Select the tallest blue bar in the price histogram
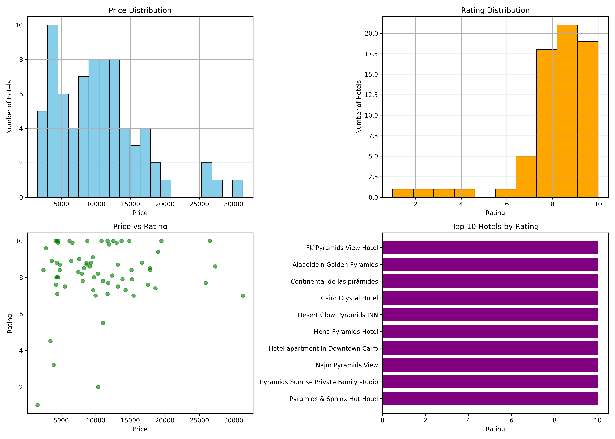53,111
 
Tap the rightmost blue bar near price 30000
238,188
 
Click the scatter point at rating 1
38,405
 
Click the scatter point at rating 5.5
103,323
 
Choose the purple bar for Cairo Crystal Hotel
490,298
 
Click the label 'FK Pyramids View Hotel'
342,248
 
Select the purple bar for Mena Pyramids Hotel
490,331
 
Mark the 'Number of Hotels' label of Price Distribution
10,107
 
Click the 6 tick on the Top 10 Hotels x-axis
511,420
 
